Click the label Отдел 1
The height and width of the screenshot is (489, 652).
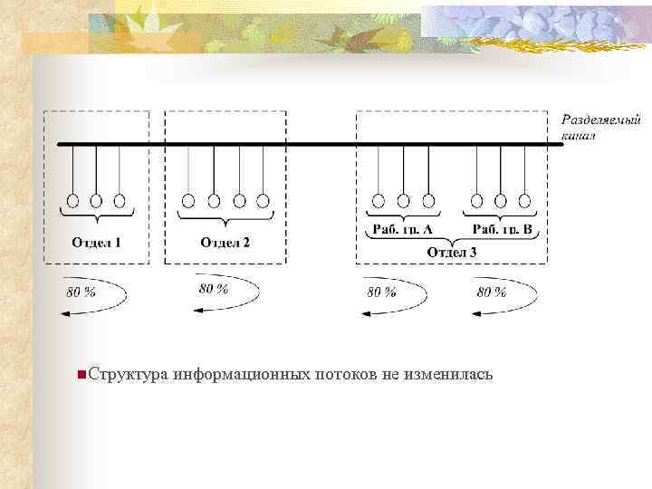point(96,242)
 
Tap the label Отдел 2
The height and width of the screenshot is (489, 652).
point(225,242)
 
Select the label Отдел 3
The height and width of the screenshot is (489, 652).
point(451,252)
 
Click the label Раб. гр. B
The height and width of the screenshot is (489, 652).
point(502,230)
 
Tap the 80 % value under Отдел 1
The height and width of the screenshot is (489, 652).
point(81,292)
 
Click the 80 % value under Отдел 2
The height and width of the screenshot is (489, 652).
point(214,288)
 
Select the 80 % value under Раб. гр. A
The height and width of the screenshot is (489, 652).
point(381,292)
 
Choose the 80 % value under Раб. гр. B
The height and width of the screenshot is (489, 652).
point(492,292)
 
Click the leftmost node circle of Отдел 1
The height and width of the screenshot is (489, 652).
point(72,200)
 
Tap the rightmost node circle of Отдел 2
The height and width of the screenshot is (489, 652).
point(264,200)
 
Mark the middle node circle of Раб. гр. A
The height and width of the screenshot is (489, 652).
point(404,200)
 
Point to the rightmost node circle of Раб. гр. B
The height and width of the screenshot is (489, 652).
point(524,200)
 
